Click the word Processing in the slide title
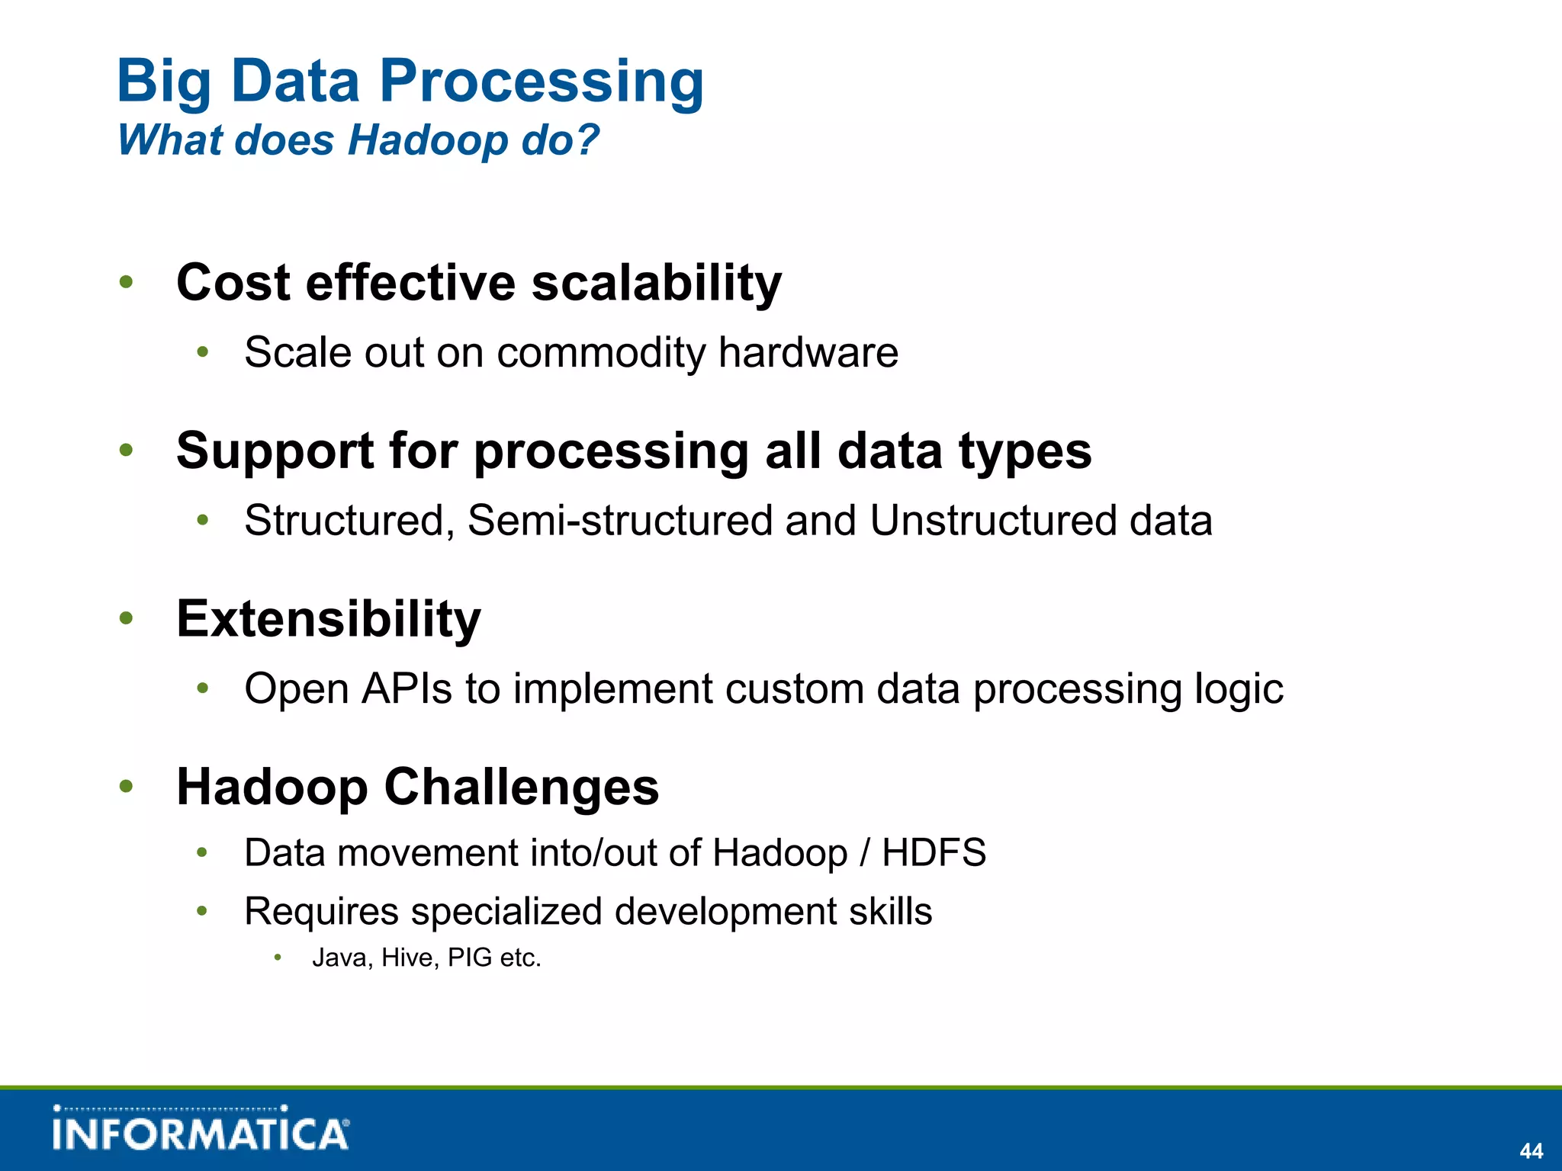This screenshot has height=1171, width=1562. [x=542, y=82]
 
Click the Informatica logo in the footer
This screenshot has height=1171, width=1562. [x=201, y=1131]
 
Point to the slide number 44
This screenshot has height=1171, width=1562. [x=1531, y=1150]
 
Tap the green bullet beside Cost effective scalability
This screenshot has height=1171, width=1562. [x=127, y=283]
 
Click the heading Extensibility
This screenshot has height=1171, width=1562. [x=329, y=618]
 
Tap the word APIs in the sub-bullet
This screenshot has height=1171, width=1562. [x=407, y=688]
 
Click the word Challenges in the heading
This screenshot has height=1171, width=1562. [x=521, y=787]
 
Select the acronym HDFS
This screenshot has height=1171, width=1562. [x=934, y=852]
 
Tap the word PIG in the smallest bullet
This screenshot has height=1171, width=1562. [x=470, y=958]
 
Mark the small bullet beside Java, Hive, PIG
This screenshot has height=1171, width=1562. [x=278, y=958]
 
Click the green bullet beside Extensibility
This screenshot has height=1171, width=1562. [x=127, y=618]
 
